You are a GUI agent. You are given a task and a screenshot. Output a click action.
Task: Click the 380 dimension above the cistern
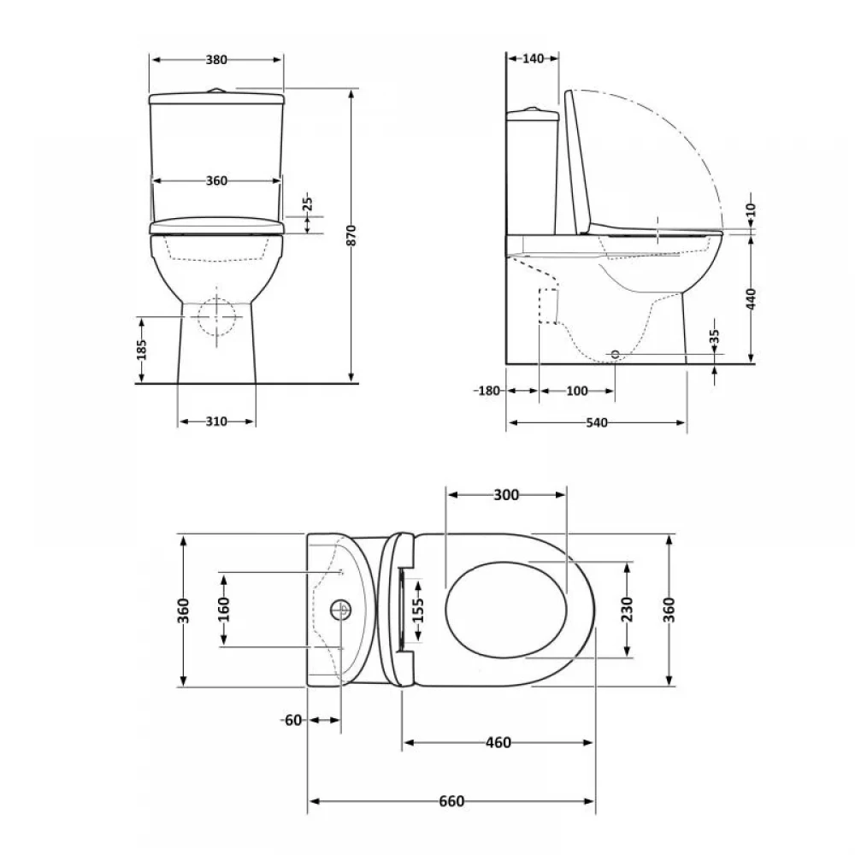216,60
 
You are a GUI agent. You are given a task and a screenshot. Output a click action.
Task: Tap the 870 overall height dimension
351,235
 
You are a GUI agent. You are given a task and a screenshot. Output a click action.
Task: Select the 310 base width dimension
216,422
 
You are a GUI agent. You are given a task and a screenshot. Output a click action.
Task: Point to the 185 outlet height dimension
142,350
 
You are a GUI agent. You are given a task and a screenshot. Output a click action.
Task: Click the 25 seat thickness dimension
308,203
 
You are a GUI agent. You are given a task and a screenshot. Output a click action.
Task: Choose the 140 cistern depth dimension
533,58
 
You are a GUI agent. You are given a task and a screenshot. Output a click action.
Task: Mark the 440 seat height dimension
752,299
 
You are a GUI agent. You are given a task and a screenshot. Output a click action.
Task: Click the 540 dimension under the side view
597,422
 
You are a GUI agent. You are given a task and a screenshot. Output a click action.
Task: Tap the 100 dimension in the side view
577,391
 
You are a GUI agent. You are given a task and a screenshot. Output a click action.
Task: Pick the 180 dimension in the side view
489,391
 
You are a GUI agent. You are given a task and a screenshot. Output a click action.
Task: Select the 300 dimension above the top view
506,495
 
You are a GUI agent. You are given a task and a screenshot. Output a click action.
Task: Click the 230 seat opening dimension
627,609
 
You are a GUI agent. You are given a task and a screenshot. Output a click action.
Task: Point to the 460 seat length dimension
498,743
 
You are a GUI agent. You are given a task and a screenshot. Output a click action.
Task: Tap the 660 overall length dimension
451,801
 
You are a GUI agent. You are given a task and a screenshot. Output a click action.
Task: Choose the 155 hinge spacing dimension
418,610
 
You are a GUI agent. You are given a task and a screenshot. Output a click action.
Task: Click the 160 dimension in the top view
223,609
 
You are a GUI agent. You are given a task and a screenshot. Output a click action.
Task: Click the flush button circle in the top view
341,610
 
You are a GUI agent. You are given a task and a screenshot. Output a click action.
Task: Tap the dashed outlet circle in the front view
216,317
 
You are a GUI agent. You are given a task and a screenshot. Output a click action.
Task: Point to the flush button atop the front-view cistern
217,90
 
